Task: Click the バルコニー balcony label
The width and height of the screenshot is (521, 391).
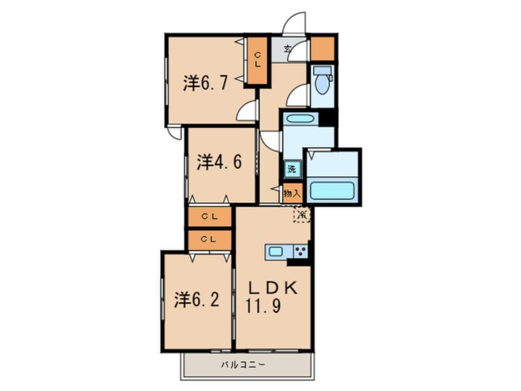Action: click(243, 364)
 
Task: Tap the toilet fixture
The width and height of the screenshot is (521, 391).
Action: click(321, 78)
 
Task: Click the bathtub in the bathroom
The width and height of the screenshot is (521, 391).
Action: click(331, 189)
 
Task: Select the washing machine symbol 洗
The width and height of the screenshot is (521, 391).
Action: click(291, 168)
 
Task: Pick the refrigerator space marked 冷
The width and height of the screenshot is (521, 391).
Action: click(302, 215)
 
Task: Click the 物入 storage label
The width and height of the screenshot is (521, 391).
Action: click(292, 193)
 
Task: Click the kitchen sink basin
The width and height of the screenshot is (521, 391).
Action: click(275, 252)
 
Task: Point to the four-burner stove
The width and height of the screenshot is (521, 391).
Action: click(300, 252)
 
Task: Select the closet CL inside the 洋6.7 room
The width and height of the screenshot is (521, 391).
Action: click(257, 60)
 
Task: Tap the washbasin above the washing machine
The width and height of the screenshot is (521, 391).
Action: click(300, 120)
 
